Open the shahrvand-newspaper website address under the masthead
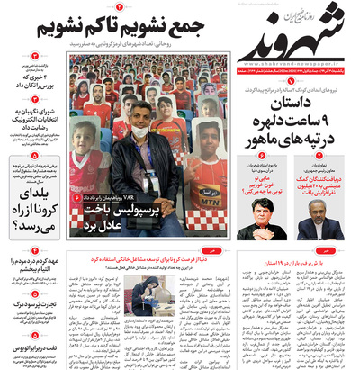tap(287, 64)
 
